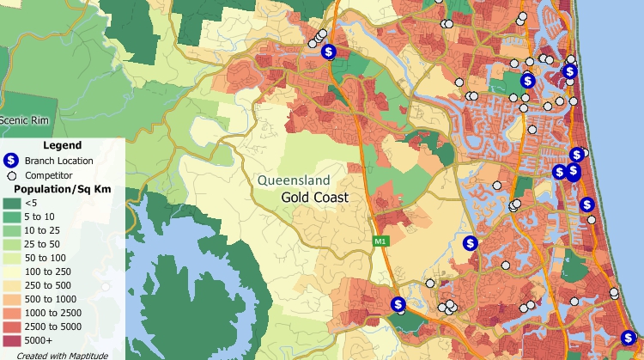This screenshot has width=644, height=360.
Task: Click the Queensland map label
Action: (x=294, y=180)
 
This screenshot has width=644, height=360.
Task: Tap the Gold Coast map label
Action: (x=315, y=198)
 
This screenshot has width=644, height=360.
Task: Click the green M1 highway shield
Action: (x=379, y=241)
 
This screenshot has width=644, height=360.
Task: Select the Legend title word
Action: (x=62, y=145)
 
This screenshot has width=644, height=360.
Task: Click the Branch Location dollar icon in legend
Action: (x=11, y=161)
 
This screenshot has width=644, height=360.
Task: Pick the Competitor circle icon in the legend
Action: (x=11, y=174)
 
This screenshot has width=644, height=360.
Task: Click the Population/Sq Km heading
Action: (x=61, y=188)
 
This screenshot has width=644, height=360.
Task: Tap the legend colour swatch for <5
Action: (x=11, y=203)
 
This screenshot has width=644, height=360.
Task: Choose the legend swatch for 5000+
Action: (x=11, y=341)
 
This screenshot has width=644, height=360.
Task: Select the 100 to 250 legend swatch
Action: (x=11, y=272)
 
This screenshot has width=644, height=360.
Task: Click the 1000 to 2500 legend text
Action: (x=52, y=314)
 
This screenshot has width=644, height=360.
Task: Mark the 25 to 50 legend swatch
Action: (x=11, y=244)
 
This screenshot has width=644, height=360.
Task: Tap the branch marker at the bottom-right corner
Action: (x=629, y=338)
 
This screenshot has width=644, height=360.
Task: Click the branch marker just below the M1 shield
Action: (x=398, y=304)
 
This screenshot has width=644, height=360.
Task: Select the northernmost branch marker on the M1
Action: (x=329, y=52)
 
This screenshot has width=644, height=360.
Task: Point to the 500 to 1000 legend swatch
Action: (x=11, y=300)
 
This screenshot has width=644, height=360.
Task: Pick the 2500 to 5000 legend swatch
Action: (x=11, y=327)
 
